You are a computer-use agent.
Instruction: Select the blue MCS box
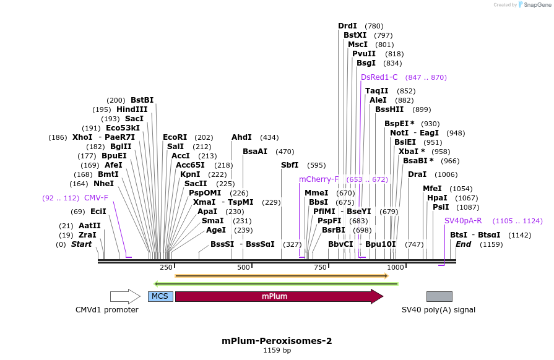[x=160, y=296]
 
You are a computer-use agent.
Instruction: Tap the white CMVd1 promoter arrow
[x=125, y=296]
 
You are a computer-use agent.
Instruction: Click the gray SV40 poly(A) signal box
[x=439, y=296]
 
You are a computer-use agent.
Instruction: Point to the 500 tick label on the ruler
[x=243, y=267]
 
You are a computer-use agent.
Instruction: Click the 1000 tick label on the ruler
[x=396, y=267]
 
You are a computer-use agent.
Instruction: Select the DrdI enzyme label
[x=347, y=26]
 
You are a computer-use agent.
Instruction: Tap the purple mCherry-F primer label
[x=319, y=179]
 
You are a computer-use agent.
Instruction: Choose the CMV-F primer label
[x=96, y=198]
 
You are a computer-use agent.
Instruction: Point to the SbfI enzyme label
[x=290, y=165]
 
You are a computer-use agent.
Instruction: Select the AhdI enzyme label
[x=241, y=137]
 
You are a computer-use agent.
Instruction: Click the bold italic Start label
[x=81, y=244]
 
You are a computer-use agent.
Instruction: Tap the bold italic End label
[x=463, y=244]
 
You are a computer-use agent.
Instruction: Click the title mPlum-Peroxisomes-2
[x=277, y=341]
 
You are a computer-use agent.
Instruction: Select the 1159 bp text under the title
[x=277, y=351]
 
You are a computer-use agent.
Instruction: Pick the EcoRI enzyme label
[x=175, y=137]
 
